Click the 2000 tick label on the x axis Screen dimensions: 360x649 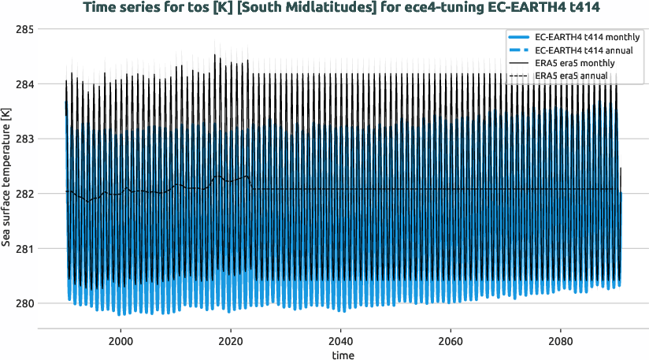pos(121,343)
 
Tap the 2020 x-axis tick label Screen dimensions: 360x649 pos(231,343)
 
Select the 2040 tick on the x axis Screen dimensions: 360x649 pos(340,343)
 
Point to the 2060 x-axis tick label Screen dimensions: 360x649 pos(450,343)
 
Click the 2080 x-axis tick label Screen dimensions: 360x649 pos(560,343)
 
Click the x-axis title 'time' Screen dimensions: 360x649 pos(343,355)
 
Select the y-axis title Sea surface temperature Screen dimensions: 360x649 pos(7,189)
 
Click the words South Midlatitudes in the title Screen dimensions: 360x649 pos(256,8)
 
